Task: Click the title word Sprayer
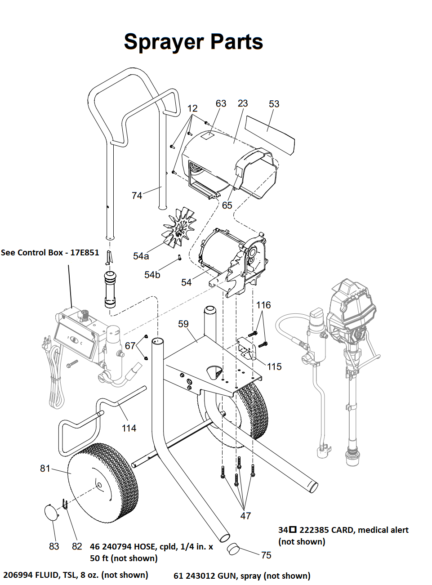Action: [x=164, y=42]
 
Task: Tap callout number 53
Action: [x=274, y=104]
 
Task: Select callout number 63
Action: [x=221, y=103]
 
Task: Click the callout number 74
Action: [x=137, y=196]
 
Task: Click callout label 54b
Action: [x=152, y=275]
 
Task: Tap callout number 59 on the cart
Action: [x=183, y=324]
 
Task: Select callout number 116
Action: [x=263, y=305]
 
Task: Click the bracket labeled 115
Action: [x=247, y=348]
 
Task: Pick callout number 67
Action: [x=130, y=345]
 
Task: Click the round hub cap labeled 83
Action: [x=51, y=512]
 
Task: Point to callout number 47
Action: [x=245, y=516]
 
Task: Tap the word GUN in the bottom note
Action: [x=226, y=576]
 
